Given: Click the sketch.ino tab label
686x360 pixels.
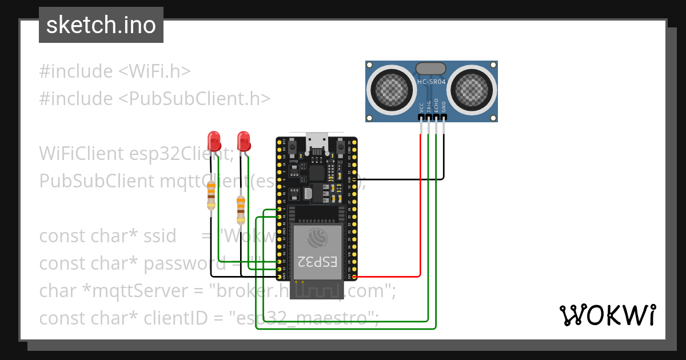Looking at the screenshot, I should coord(101,25).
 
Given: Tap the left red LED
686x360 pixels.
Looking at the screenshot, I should coord(214,140).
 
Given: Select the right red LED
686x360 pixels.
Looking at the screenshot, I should coord(244,140).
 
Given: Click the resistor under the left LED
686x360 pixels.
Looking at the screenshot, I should coord(211,194).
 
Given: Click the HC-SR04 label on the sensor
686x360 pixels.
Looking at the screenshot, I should coord(432,82).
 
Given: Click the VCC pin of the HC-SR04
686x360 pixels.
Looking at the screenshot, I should coord(421,118).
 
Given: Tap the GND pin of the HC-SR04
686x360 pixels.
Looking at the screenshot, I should coord(444,118).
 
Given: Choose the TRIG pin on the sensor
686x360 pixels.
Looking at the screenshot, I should coord(429,118).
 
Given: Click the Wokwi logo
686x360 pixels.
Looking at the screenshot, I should coord(607,315).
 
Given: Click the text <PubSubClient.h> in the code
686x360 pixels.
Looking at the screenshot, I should coord(194,98).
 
